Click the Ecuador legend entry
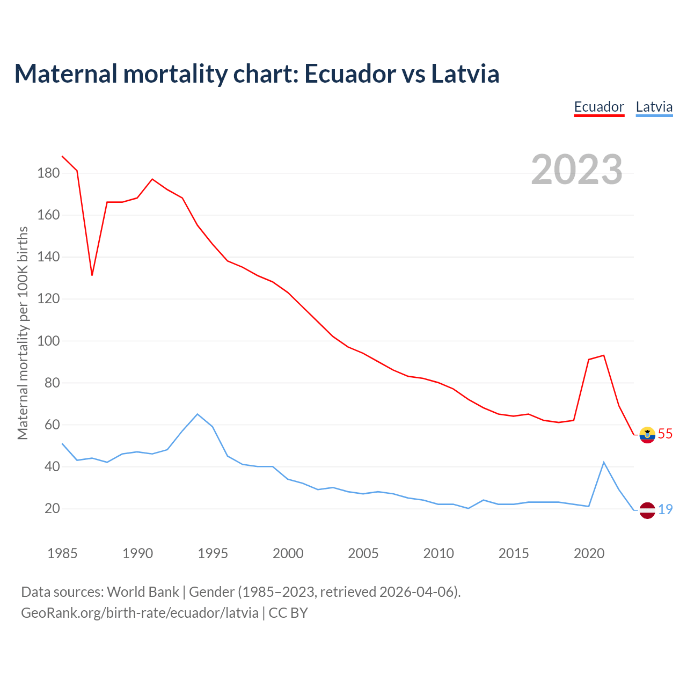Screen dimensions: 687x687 point(599,107)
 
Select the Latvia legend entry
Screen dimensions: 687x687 point(654,107)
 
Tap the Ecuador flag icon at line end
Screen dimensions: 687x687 point(647,435)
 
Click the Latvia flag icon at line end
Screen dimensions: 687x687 point(647,510)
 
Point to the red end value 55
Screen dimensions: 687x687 point(665,434)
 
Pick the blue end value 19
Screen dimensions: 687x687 point(665,510)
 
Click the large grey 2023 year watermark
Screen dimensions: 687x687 point(577,170)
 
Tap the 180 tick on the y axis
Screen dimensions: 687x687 point(48,173)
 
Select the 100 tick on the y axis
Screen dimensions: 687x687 point(48,341)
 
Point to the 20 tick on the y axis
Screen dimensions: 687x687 point(52,509)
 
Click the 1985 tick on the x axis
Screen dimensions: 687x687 point(62,553)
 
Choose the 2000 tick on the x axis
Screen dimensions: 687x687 point(288,553)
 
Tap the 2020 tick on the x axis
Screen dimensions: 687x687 point(589,553)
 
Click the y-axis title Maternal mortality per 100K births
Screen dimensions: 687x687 point(23,333)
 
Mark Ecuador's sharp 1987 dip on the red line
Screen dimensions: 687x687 point(92,275)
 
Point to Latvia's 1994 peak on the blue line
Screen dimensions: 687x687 point(198,414)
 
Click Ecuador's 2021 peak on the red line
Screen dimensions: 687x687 point(604,355)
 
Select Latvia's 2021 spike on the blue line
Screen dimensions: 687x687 point(604,462)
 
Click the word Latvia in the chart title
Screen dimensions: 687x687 point(465,74)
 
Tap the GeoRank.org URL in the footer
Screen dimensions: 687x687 point(140,613)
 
